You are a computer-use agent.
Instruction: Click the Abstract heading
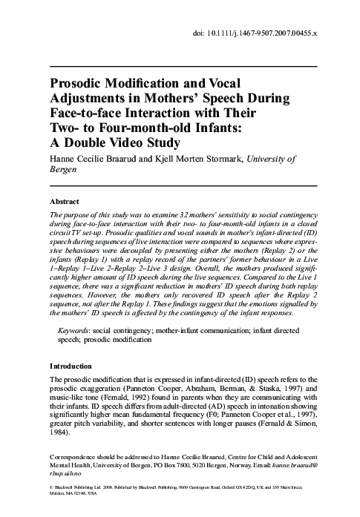tap(65, 201)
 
